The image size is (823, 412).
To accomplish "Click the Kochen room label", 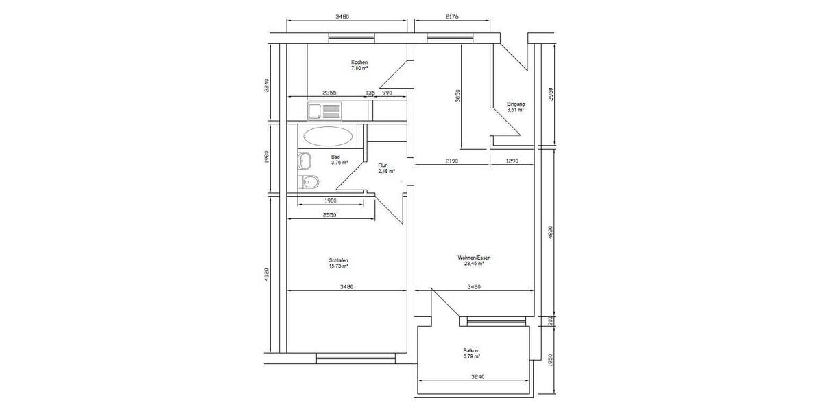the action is (359, 62).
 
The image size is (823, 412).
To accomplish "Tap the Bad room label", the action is (335, 157).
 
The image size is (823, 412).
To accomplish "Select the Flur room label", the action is (383, 165).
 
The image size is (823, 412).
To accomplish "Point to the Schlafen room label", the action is (338, 260).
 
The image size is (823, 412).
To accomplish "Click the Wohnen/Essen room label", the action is (474, 257).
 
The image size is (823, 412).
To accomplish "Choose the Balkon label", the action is (470, 351).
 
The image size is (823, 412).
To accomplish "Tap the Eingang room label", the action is (516, 104).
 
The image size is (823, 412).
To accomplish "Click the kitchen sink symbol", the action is (325, 111).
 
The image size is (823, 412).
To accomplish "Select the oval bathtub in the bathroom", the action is (328, 136).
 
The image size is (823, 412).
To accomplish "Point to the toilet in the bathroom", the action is (309, 182).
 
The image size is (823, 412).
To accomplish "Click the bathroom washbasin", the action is (305, 161).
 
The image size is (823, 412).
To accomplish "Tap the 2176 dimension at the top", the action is (452, 16).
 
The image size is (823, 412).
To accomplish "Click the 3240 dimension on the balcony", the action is (477, 377).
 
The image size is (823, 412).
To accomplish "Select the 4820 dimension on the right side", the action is (550, 233).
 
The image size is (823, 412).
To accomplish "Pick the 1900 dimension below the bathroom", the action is (331, 201).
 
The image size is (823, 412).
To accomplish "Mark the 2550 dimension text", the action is (330, 215).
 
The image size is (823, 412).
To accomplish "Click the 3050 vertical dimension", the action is (458, 96).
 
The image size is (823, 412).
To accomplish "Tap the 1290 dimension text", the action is (512, 161).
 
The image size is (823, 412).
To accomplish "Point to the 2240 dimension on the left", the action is (267, 85).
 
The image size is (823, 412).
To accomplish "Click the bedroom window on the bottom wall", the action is (356, 358).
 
